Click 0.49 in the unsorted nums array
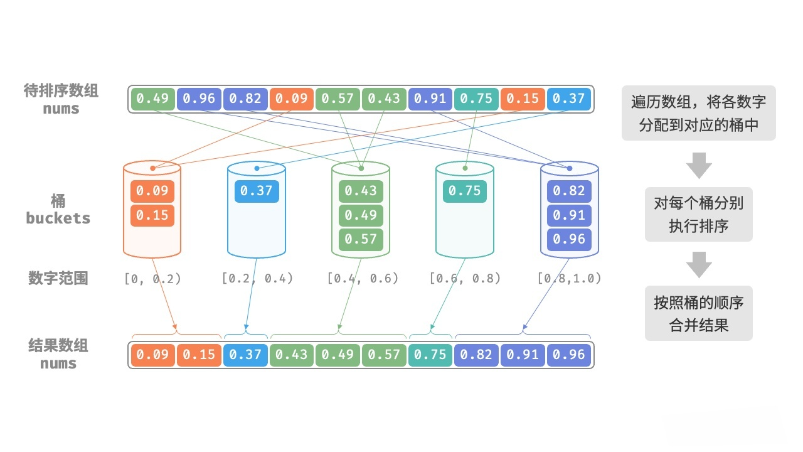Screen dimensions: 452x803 [152, 99]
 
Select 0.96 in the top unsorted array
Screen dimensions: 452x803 [199, 99]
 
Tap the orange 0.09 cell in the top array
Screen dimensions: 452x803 [292, 99]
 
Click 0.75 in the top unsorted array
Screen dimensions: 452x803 [476, 99]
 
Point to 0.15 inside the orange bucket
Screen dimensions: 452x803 [152, 215]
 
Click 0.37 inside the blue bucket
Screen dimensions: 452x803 [257, 191]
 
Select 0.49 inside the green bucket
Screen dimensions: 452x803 [361, 215]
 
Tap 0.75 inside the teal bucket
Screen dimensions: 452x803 [465, 191]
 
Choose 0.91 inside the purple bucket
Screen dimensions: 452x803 [569, 215]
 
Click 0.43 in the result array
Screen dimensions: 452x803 [292, 355]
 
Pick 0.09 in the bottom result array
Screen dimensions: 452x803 [152, 355]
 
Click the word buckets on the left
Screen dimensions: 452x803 [58, 218]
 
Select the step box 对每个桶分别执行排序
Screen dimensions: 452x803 [698, 214]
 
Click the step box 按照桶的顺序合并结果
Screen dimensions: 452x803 [698, 313]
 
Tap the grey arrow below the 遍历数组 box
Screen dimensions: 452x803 [698, 165]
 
